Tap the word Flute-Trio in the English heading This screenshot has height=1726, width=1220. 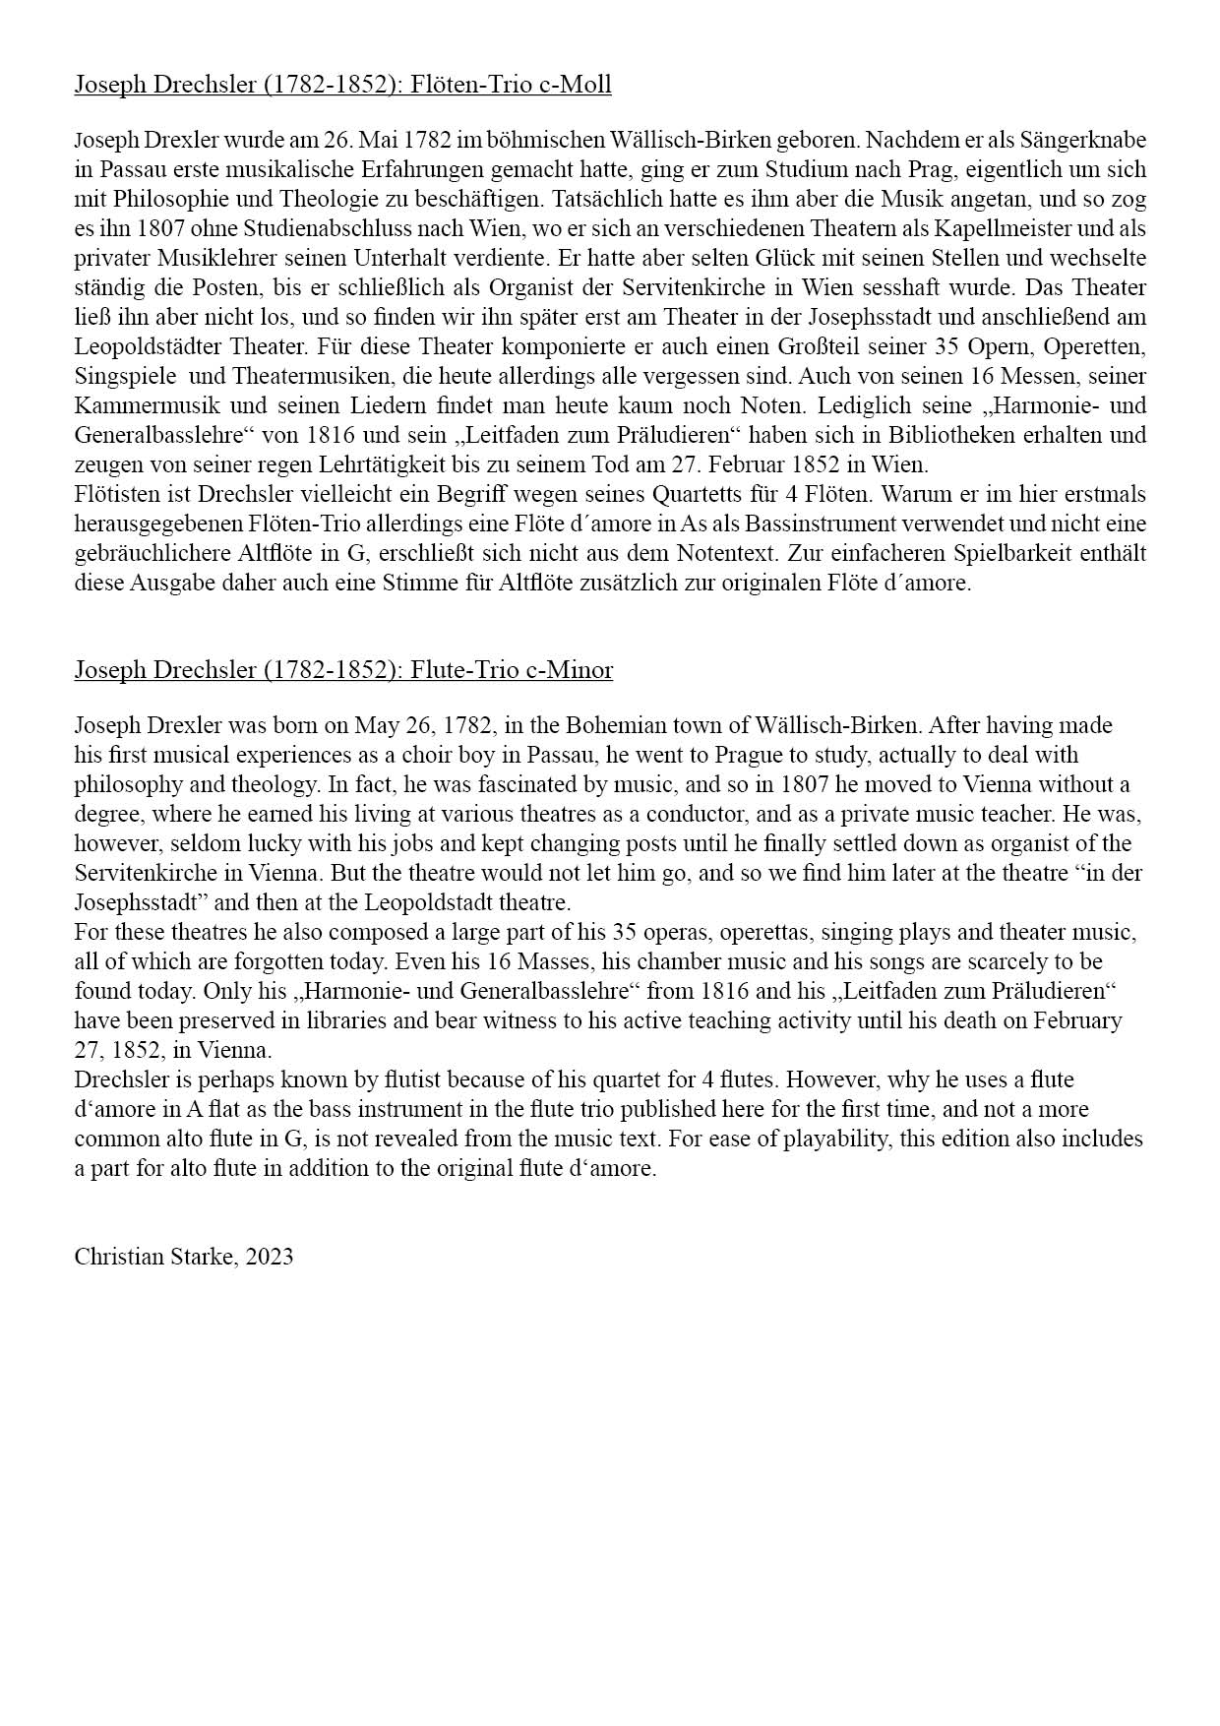pyautogui.click(x=462, y=670)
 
